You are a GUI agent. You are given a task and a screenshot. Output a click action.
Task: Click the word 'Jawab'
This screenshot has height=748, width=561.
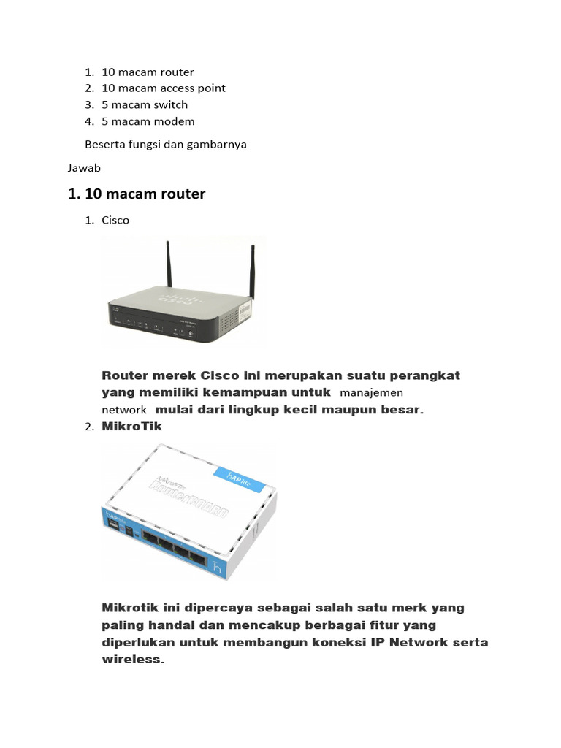point(84,168)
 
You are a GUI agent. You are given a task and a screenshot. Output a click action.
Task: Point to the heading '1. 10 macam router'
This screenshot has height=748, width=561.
point(137,194)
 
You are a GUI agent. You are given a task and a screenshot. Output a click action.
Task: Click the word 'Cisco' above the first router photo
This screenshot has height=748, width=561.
point(115,220)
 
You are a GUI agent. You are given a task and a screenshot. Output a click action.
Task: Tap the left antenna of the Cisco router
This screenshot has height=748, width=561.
point(169,267)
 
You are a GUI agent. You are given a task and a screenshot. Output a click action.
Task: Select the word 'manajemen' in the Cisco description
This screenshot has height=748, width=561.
point(371,393)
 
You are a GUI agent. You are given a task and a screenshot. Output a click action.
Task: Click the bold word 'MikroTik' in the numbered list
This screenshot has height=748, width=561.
point(132,426)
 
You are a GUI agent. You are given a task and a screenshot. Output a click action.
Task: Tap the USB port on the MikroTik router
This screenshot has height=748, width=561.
point(115,524)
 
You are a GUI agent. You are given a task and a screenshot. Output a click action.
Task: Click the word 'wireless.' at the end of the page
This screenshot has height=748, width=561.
point(133,659)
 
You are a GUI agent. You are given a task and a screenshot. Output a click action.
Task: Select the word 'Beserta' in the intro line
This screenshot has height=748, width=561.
point(104,145)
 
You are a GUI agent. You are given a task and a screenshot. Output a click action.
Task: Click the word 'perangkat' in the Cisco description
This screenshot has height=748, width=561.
point(426,375)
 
